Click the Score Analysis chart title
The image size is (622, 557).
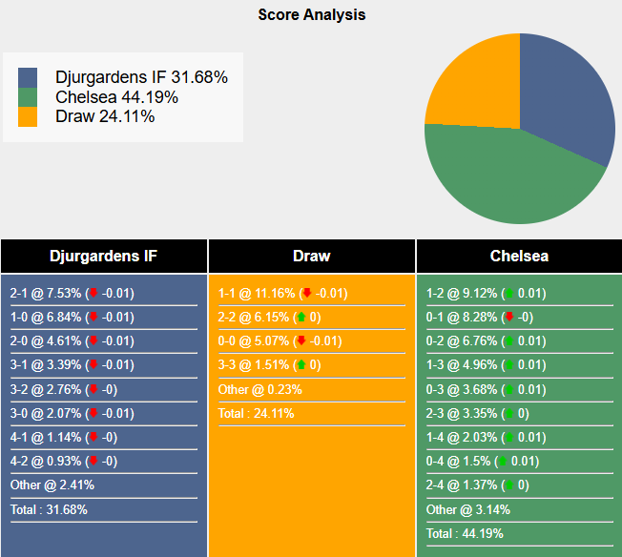point(311,15)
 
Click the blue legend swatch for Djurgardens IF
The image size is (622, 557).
point(28,77)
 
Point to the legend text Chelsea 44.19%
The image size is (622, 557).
point(116,97)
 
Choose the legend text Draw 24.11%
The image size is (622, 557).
point(105,116)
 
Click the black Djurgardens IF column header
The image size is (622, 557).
point(104,256)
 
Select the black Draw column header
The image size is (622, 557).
point(312,256)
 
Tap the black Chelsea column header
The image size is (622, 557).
point(519,256)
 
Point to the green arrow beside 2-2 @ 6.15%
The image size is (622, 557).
point(301,318)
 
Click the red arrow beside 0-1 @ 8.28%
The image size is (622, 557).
point(509,318)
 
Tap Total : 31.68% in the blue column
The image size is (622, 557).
point(49,509)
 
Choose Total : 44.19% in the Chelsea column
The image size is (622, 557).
point(465,533)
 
